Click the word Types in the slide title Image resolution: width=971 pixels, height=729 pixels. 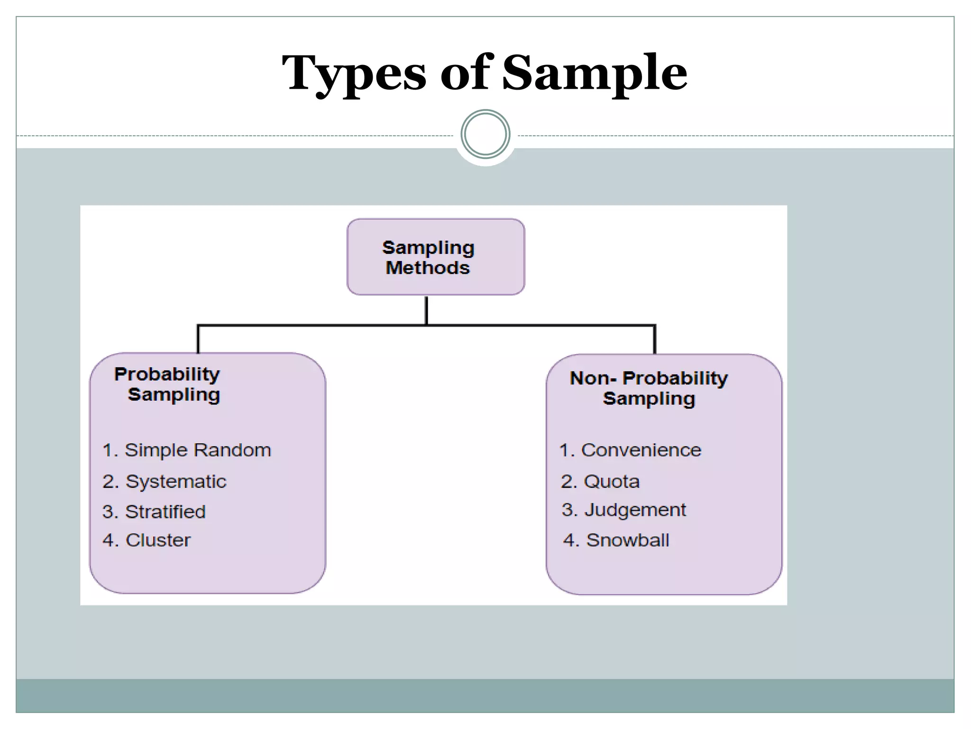click(355, 74)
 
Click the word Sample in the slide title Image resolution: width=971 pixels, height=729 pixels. click(595, 74)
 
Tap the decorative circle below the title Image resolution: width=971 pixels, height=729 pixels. click(485, 134)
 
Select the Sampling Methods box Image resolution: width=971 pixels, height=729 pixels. click(436, 257)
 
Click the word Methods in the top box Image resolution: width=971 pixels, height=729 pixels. click(428, 268)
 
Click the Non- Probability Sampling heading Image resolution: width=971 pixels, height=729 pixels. click(649, 388)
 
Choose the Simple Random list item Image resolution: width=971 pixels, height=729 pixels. click(187, 450)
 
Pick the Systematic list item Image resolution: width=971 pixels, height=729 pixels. click(165, 481)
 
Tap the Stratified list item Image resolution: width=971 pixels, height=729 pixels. click(154, 512)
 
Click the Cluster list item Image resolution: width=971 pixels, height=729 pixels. click(147, 540)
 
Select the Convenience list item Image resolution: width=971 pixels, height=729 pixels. click(630, 450)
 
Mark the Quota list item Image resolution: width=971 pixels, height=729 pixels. click(600, 481)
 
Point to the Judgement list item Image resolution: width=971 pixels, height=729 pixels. click(623, 510)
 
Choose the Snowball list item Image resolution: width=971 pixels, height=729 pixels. click(616, 540)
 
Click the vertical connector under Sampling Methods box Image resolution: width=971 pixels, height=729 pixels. click(427, 310)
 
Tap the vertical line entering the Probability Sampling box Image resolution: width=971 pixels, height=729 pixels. click(198, 339)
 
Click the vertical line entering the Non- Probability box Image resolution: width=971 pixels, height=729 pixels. click(655, 340)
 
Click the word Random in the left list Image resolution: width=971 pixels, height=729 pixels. click(232, 450)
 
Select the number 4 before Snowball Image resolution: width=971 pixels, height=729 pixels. click(568, 540)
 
